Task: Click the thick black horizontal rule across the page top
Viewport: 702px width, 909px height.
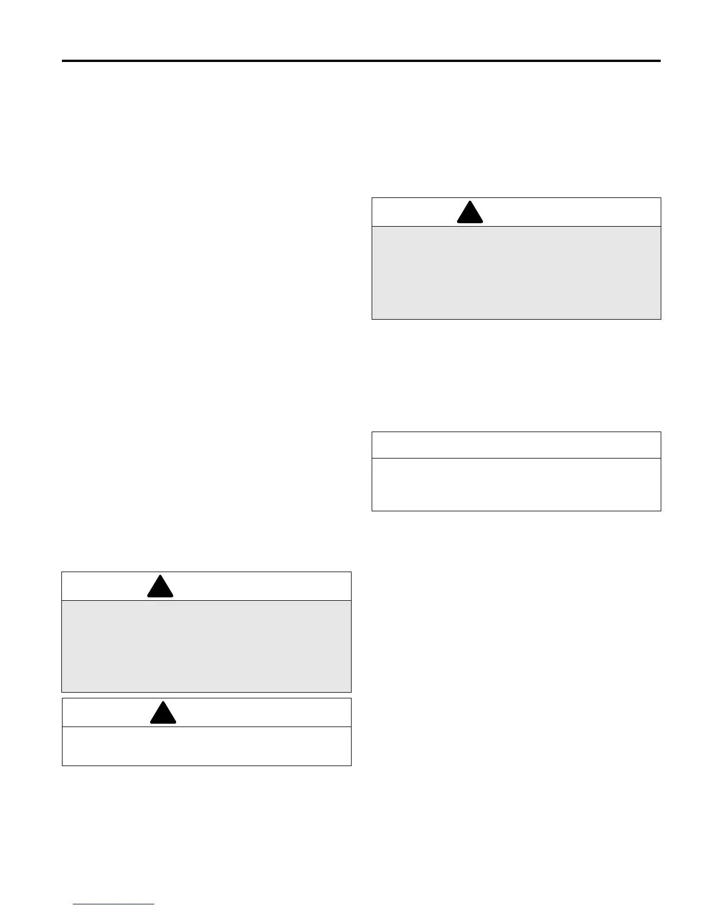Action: point(361,61)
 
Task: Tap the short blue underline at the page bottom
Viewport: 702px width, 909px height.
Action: point(114,904)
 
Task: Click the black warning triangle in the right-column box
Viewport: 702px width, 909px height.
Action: point(470,213)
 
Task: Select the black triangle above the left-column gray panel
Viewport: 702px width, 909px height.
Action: point(160,587)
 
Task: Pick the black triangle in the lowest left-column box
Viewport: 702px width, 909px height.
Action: point(163,713)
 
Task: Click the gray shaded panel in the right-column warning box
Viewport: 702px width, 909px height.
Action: point(516,273)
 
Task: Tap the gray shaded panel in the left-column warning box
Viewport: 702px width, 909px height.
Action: point(206,646)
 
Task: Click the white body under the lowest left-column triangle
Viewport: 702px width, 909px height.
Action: point(206,746)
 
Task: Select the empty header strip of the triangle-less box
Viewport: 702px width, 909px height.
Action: point(516,445)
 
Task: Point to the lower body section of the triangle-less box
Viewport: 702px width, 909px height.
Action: point(516,484)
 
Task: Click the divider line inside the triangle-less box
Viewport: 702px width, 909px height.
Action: point(516,458)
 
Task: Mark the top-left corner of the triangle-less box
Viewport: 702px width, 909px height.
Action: point(372,432)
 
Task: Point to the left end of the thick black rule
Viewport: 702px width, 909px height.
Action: point(63,61)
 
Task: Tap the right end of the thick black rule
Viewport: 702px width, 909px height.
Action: point(660,61)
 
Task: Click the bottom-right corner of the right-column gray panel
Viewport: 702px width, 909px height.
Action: point(661,318)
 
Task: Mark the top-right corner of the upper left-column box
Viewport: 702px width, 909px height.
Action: point(351,572)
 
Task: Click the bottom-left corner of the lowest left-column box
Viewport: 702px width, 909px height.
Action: point(62,765)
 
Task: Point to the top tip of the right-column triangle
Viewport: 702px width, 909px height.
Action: point(470,201)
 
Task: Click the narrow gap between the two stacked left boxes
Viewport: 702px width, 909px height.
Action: point(206,695)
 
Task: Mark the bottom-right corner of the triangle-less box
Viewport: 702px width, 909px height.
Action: point(661,510)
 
